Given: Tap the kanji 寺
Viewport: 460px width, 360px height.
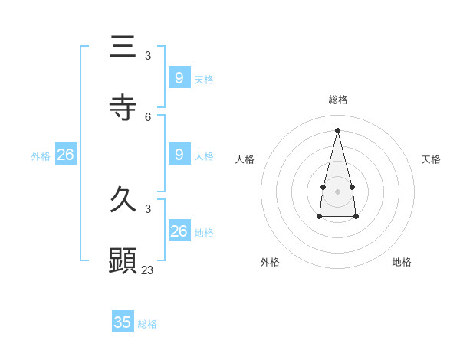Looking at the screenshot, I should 123,107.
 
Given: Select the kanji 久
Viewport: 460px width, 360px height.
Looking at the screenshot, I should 123,199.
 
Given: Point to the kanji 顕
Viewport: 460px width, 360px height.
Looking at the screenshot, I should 123,260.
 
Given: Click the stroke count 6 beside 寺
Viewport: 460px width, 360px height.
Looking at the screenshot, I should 148,117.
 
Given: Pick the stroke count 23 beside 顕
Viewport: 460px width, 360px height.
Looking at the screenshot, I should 147,270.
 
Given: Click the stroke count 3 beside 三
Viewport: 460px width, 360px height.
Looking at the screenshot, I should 148,56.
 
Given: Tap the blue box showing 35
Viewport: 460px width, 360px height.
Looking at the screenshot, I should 123,322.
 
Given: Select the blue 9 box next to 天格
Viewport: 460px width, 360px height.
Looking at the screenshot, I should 179,77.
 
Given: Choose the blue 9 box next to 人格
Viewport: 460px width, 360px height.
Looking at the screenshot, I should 179,154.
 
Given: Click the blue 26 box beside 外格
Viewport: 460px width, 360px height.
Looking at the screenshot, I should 65,155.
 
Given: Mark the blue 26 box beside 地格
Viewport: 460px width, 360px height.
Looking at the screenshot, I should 179,231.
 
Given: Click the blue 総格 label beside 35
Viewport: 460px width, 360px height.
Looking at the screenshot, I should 147,324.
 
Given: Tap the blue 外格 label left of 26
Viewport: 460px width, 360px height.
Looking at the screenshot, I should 41,156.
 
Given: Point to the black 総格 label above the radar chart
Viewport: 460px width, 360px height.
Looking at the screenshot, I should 338,100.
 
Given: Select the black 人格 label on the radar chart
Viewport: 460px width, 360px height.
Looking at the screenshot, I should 245,159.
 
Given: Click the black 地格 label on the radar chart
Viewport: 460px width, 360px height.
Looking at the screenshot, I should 402,262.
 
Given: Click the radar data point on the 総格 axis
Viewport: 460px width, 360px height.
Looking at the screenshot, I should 337,129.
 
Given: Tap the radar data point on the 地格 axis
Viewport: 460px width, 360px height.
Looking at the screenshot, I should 356,217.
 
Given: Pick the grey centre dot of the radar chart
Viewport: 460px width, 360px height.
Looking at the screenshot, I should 337,191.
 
